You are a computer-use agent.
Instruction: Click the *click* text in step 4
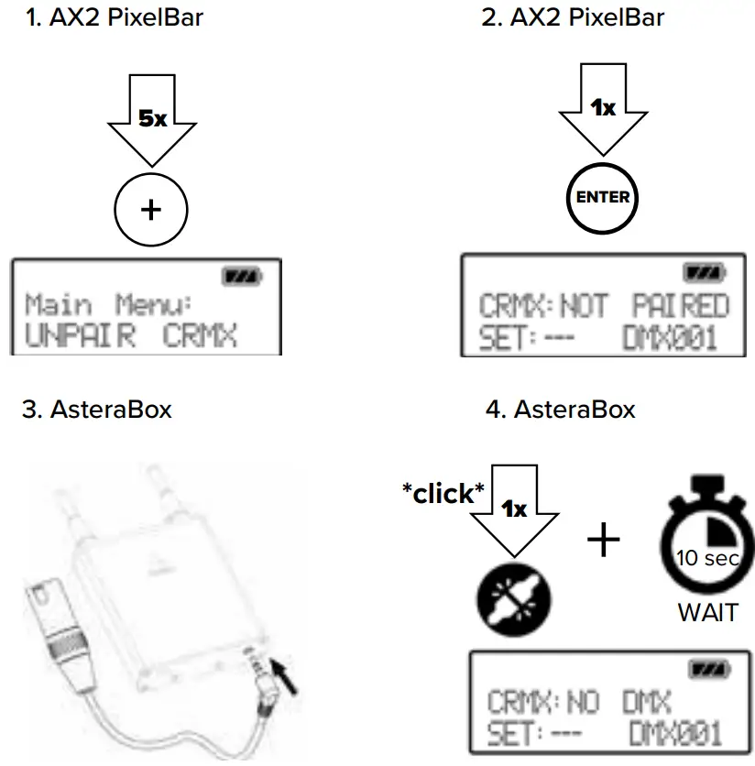click(443, 493)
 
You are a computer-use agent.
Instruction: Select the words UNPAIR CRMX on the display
click(131, 336)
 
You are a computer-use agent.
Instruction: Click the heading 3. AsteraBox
click(96, 410)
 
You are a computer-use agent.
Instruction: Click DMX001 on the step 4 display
click(674, 733)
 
